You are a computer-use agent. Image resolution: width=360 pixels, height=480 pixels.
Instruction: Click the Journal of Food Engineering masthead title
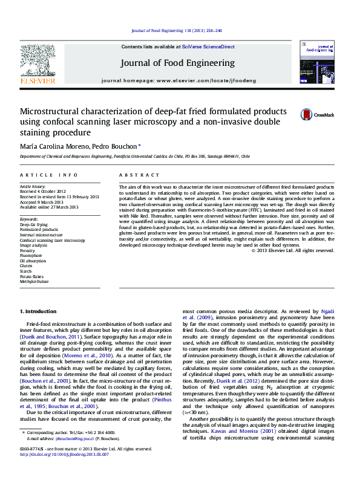click(178, 62)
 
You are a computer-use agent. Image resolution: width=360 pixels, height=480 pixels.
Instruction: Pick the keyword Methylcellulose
click(34, 281)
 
